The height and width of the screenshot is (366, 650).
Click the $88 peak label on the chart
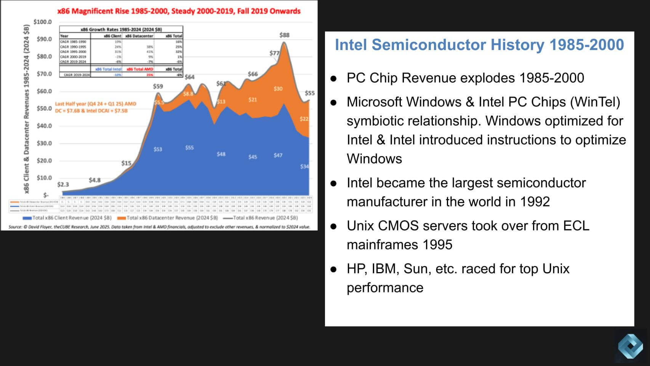click(284, 35)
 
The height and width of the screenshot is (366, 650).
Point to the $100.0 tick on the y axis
click(42, 22)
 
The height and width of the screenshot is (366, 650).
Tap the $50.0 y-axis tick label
click(44, 108)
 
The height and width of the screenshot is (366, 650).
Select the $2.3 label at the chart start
click(63, 184)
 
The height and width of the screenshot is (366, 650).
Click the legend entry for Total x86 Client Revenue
click(67, 218)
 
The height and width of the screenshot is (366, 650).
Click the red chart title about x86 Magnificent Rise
click(179, 11)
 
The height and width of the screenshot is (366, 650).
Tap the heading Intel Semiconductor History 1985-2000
click(479, 45)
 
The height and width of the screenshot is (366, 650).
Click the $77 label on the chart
click(274, 53)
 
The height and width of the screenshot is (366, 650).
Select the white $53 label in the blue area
click(158, 149)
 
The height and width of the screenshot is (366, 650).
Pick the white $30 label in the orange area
click(278, 89)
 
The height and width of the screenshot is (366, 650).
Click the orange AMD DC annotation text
click(95, 107)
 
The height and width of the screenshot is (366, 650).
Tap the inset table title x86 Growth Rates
click(121, 29)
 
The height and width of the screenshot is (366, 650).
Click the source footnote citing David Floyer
click(159, 227)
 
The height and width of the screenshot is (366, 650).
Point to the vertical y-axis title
click(26, 109)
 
